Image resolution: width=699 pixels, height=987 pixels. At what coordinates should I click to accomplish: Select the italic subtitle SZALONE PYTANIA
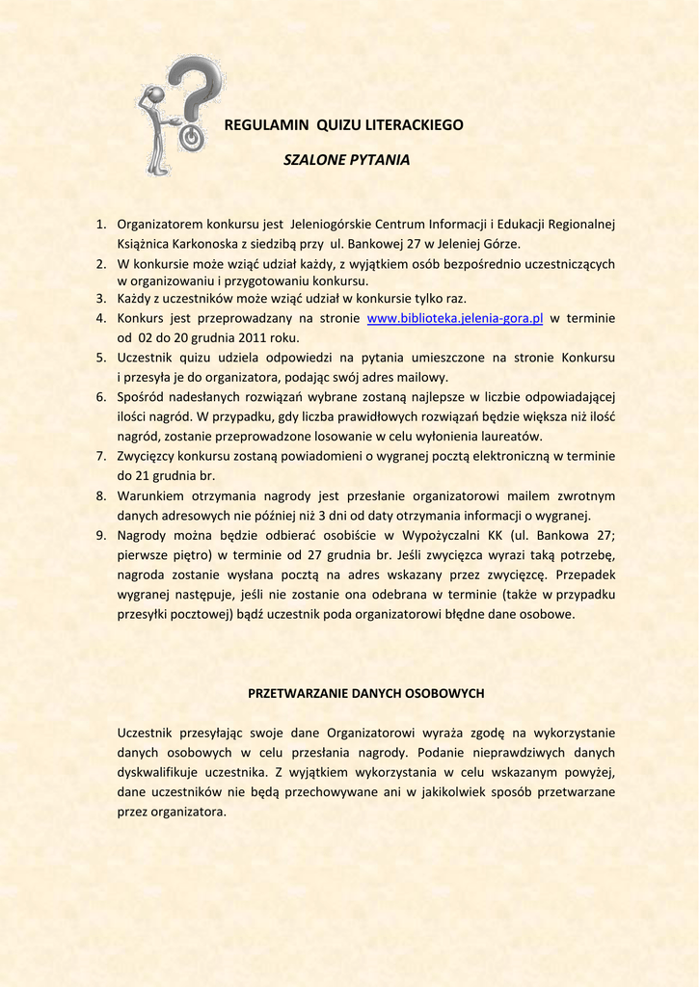tap(346, 159)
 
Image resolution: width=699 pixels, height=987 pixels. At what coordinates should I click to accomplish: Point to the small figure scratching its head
tap(155, 130)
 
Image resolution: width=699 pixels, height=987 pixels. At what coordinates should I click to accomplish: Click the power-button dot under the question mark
tap(191, 138)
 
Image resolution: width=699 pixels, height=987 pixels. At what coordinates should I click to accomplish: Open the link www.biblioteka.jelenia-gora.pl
tap(456, 318)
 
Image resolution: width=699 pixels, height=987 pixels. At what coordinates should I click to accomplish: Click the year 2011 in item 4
tap(245, 337)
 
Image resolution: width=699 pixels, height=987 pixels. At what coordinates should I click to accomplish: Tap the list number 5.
tap(100, 358)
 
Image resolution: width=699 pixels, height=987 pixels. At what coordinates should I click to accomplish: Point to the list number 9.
tap(100, 535)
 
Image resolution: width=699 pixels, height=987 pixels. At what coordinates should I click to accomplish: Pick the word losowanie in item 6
tap(319, 436)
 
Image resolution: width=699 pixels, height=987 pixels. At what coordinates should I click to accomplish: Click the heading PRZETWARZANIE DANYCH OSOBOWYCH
tap(365, 693)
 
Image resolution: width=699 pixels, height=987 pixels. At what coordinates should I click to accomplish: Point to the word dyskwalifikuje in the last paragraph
tap(160, 772)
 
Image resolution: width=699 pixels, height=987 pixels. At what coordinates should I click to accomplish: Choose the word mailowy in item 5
tap(425, 377)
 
